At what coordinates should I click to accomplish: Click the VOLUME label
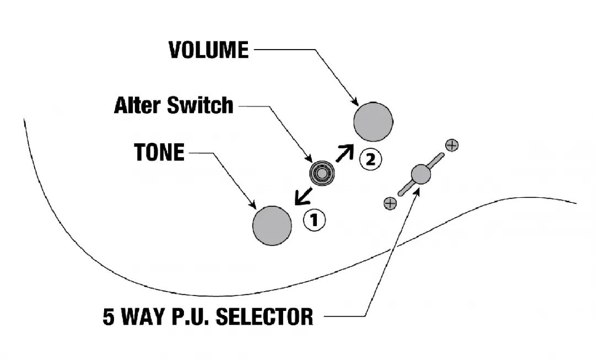[x=208, y=50]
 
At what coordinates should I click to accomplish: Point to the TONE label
[x=159, y=152]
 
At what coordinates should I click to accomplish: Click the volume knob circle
[x=373, y=122]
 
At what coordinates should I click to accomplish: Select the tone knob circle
[x=272, y=225]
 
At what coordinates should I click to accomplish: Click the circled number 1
[x=314, y=221]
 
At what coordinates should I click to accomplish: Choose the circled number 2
[x=370, y=159]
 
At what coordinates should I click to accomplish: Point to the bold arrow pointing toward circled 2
[x=345, y=153]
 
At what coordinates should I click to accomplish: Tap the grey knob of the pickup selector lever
[x=421, y=174]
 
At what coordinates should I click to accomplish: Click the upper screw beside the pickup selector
[x=452, y=146]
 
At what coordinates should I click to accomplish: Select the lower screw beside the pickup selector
[x=390, y=203]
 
